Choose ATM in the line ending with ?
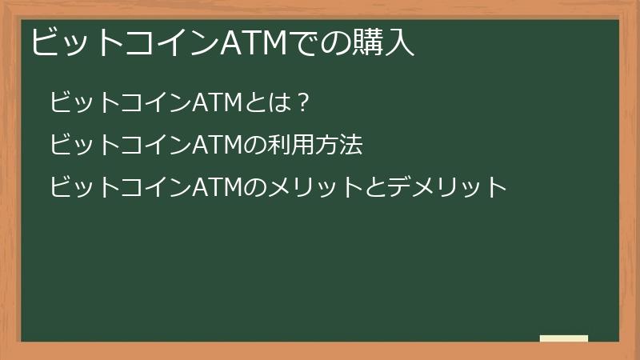point(217,102)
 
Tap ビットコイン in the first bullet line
point(120,102)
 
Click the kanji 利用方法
point(318,145)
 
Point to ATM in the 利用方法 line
point(217,145)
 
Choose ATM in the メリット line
point(217,188)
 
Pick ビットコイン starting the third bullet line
point(120,188)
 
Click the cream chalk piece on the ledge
point(564,338)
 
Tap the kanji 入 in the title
point(401,42)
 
